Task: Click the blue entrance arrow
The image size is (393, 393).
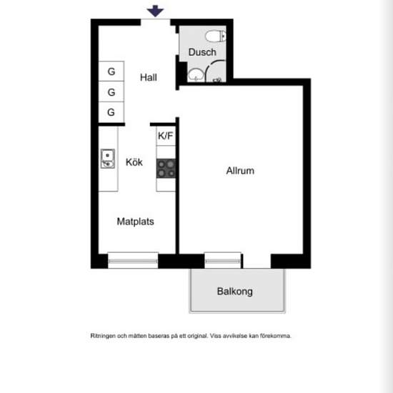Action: click(x=155, y=11)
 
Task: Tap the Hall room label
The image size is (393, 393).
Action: click(x=149, y=77)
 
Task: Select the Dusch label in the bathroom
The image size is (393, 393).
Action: click(x=202, y=52)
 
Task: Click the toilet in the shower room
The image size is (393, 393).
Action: click(x=215, y=36)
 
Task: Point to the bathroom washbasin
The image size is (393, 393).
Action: click(x=196, y=74)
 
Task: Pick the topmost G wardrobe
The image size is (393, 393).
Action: click(x=111, y=71)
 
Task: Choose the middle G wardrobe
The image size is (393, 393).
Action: click(x=111, y=91)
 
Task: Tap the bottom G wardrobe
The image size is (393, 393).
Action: click(x=111, y=112)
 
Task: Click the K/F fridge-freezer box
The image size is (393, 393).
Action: click(x=166, y=136)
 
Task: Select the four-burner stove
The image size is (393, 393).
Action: click(x=166, y=168)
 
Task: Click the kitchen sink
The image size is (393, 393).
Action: click(x=108, y=159)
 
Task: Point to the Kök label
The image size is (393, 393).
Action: click(x=134, y=162)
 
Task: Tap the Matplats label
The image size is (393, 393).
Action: click(x=135, y=222)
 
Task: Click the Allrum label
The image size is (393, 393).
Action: click(x=240, y=171)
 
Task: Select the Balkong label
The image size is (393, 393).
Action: click(x=234, y=292)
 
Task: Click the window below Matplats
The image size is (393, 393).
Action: click(x=133, y=261)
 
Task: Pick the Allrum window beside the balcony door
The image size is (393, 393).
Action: click(x=222, y=261)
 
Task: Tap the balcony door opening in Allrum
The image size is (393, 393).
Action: click(x=257, y=261)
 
